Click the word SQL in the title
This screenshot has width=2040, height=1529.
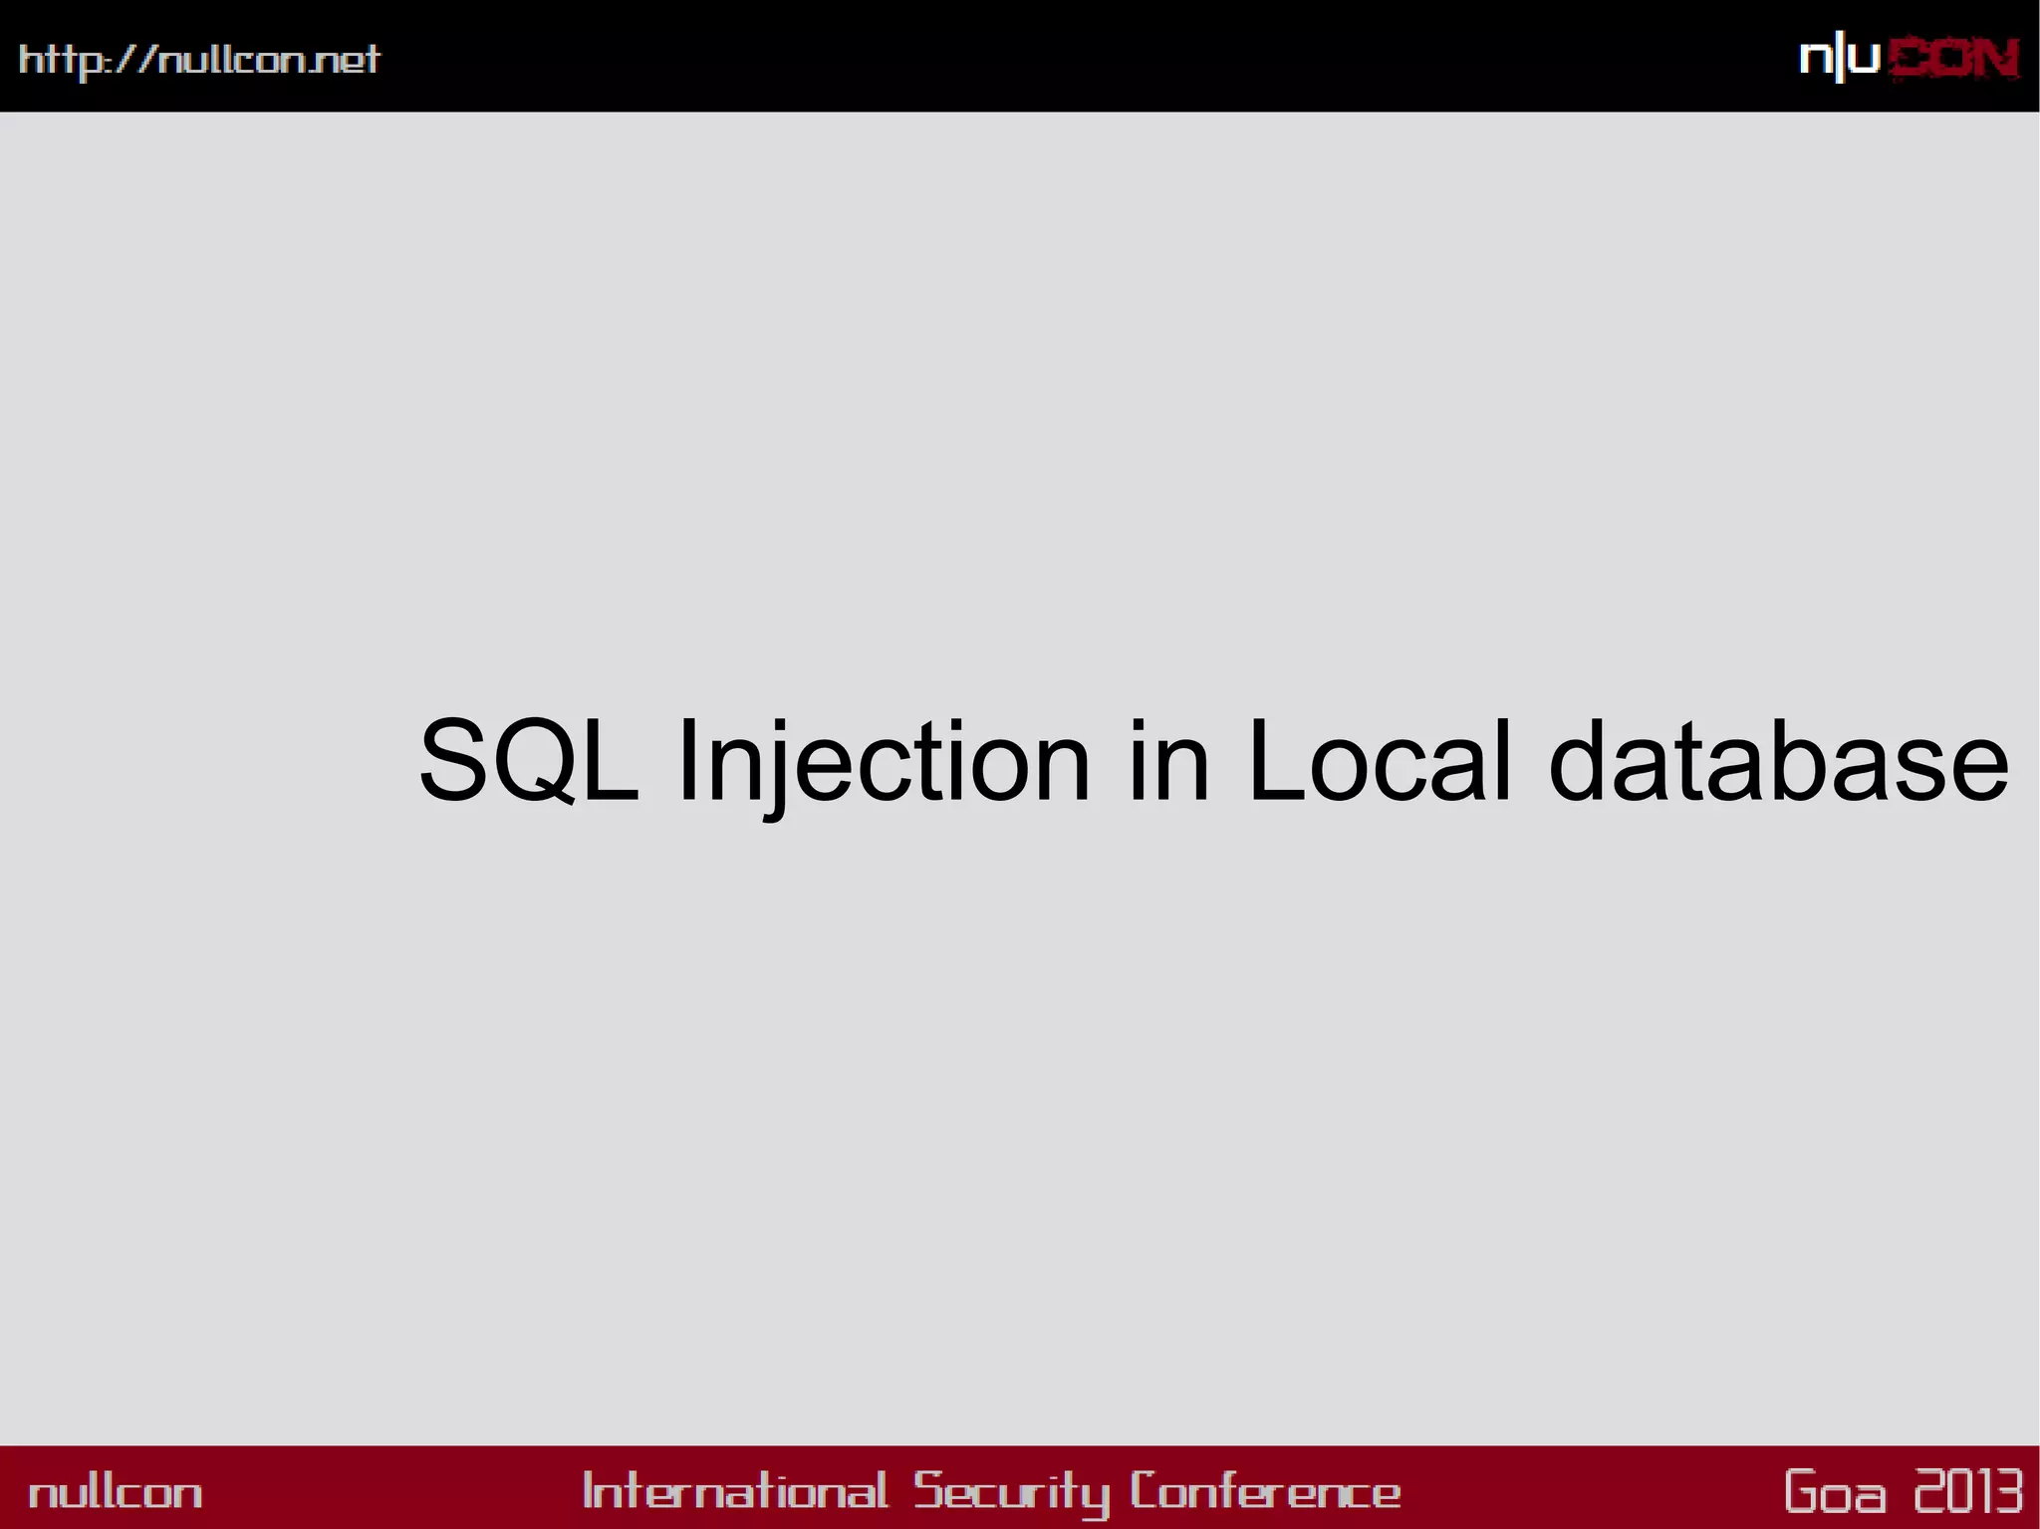point(528,761)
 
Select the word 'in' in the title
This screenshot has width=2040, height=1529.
point(1168,761)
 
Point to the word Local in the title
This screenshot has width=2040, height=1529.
point(1380,761)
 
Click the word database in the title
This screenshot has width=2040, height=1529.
point(1779,761)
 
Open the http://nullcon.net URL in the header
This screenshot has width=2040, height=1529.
point(199,60)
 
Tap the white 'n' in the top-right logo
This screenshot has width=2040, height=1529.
point(1815,60)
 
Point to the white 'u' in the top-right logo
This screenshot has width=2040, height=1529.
point(1864,60)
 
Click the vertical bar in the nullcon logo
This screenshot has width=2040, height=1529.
point(1839,60)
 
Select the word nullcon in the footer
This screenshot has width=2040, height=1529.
point(116,1492)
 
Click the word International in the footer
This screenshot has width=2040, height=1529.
point(734,1491)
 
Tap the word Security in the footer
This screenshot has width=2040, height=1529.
point(1012,1492)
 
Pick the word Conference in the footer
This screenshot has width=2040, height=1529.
point(1265,1491)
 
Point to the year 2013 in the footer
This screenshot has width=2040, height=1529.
point(1968,1491)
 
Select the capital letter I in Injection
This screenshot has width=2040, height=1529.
point(684,761)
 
